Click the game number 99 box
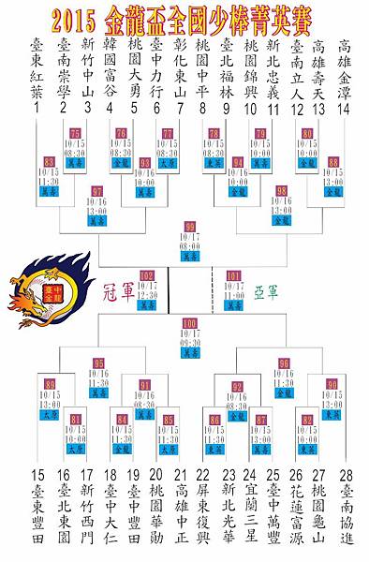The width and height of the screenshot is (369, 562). click(191, 226)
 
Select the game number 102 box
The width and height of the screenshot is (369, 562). click(146, 275)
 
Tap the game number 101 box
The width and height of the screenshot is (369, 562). click(233, 275)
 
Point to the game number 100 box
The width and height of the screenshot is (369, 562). click(191, 323)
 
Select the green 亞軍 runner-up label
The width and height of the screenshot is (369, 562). click(266, 291)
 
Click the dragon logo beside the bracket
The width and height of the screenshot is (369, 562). click(47, 289)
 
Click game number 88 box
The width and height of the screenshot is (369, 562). click(333, 162)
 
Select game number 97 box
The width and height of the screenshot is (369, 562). click(97, 191)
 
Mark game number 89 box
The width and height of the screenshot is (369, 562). click(50, 385)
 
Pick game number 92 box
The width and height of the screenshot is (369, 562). click(237, 386)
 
